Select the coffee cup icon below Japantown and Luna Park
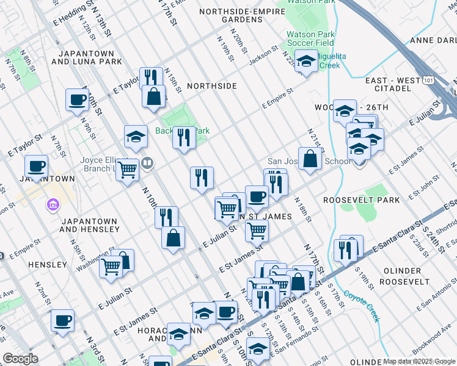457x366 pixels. [77, 100]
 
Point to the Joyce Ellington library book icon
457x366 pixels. [147, 163]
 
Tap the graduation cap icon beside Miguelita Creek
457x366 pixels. [306, 61]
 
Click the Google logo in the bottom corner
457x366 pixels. [20, 359]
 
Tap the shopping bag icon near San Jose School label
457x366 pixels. [310, 159]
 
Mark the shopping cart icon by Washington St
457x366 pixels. [111, 265]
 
